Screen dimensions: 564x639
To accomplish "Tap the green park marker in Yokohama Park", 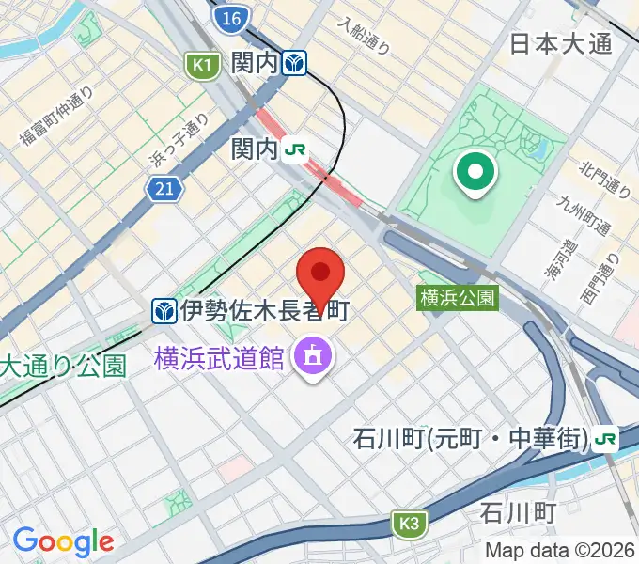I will [475, 172].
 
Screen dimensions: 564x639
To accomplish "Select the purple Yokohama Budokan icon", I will [309, 356].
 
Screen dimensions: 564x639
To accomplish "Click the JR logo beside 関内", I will [296, 149].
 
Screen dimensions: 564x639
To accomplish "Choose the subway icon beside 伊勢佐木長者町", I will [165, 308].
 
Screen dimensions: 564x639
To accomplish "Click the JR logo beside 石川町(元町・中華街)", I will [606, 438].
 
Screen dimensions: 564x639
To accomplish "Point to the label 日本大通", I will [560, 43].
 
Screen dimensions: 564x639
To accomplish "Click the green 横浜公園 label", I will [458, 298].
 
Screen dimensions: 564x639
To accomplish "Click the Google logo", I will [63, 541].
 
